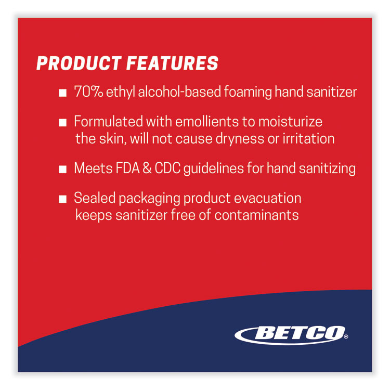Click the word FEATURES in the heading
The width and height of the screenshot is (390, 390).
click(173, 63)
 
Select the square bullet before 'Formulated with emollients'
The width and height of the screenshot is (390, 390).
click(62, 123)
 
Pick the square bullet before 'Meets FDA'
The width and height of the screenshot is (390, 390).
click(62, 170)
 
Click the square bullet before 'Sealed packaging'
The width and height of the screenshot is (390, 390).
click(62, 199)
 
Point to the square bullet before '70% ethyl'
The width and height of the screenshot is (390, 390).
click(62, 94)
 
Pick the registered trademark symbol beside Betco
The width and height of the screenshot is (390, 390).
click(346, 337)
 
